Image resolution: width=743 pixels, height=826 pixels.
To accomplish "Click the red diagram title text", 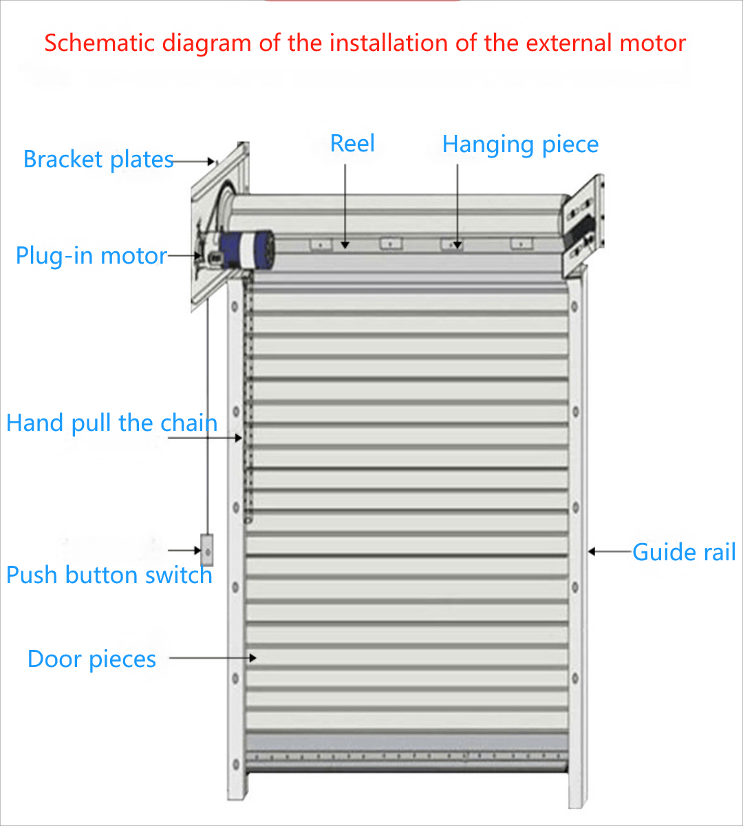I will [365, 43].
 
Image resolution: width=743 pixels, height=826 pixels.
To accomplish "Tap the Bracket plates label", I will [98, 160].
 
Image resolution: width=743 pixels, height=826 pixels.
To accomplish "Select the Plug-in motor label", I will [91, 256].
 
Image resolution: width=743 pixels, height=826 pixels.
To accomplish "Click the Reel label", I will [352, 144].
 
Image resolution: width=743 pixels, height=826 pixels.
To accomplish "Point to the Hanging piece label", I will [520, 145].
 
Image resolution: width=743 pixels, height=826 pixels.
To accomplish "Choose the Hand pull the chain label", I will [111, 423].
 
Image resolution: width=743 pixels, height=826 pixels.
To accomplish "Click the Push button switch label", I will [109, 575].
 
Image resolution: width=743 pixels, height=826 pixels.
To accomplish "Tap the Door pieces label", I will [91, 659].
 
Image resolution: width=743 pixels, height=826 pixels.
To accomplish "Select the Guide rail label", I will [684, 552].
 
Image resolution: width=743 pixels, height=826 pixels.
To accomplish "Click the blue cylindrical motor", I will [249, 248].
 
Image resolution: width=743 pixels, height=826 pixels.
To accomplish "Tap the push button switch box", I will [206, 550].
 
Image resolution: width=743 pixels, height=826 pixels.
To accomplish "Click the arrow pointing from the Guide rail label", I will [610, 551].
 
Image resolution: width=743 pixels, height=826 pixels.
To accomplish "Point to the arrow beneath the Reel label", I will [345, 206].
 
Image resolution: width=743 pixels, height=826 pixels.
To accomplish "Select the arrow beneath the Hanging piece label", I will [457, 206].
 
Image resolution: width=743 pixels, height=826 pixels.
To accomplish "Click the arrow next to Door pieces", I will [213, 658].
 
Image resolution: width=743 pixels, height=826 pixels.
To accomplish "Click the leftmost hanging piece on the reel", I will [320, 244].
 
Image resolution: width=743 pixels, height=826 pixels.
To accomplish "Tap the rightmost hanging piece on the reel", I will [521, 244].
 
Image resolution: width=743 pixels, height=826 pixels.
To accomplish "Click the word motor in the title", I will [652, 43].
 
